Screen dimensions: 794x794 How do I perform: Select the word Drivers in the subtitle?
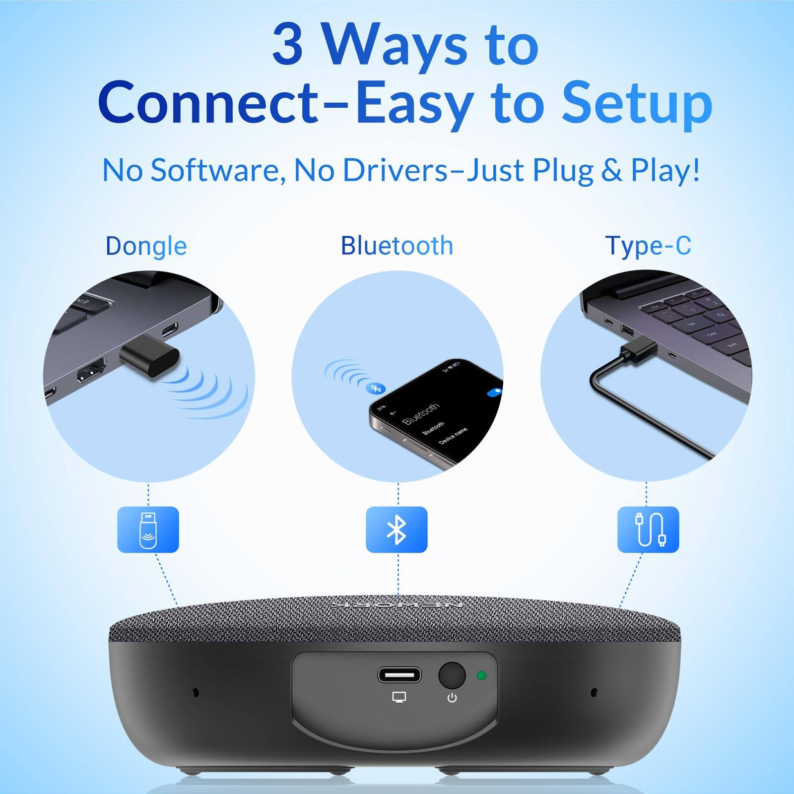tap(395, 170)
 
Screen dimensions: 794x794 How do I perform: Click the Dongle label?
tap(146, 246)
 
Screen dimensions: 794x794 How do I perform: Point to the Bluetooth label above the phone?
tap(397, 246)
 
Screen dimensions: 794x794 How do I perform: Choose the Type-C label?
tap(648, 246)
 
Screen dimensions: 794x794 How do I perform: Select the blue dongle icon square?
tap(148, 529)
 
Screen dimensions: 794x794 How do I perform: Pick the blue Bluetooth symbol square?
tap(397, 529)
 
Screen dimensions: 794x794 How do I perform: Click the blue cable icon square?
tap(648, 529)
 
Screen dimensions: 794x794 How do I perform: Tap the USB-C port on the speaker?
tap(399, 675)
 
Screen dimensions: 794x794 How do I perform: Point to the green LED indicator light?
tap(481, 675)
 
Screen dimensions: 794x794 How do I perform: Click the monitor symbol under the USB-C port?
tap(399, 697)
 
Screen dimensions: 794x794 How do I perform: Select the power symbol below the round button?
tap(452, 698)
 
